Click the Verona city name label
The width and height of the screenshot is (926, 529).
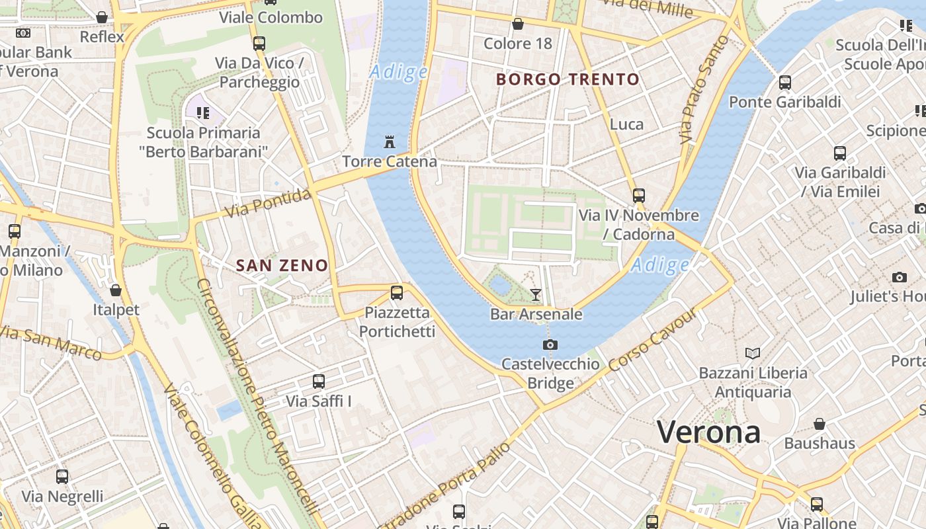(708, 432)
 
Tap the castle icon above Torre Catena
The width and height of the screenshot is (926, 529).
(390, 142)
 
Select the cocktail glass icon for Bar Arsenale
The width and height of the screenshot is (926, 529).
(536, 295)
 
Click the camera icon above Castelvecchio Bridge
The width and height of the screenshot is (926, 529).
(550, 345)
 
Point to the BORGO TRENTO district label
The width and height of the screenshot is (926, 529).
(568, 80)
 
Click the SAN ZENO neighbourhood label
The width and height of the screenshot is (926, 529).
(282, 266)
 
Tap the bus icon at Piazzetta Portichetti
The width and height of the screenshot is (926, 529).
(397, 292)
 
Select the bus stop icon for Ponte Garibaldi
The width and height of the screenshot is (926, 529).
(785, 83)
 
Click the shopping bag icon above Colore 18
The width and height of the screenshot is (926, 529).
(518, 24)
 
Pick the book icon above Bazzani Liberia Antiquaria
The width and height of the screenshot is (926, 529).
(753, 353)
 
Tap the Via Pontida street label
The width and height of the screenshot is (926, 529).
(268, 204)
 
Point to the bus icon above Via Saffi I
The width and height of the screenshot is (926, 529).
(319, 382)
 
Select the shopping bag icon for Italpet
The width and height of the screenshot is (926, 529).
(116, 290)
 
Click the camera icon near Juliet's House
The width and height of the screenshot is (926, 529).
(899, 277)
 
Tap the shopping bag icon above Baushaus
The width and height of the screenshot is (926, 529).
(820, 424)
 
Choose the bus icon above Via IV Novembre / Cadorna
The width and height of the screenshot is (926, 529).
(639, 196)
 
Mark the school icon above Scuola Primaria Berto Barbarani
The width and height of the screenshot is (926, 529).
(202, 113)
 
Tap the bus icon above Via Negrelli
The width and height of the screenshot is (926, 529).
(62, 477)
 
